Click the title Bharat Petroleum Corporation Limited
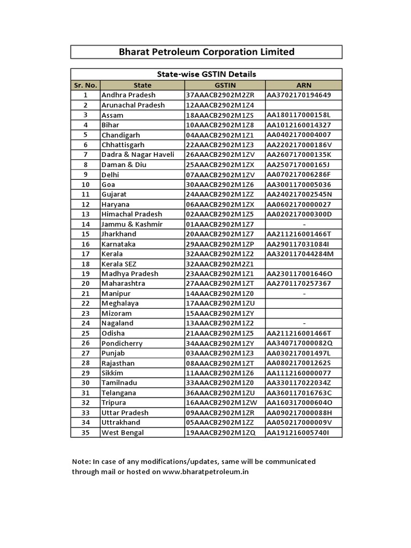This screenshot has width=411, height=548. coord(206,52)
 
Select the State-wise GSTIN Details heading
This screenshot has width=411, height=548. coord(206,74)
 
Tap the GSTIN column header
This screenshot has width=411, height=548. coord(225,85)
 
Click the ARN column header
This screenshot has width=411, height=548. coord(303,85)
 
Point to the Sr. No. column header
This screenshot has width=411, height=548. coord(85,85)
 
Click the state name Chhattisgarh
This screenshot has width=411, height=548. coord(123,145)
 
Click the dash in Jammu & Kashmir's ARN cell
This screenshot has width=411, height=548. coord(304,224)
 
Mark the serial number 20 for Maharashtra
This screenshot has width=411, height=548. coord(85,284)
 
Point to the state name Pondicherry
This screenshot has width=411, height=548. coord(122,343)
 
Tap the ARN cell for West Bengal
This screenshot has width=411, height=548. coord(298,432)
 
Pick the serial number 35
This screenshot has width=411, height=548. coord(85,432)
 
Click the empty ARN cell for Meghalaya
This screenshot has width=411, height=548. coord(303,303)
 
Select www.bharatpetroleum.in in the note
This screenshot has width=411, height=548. coord(205,472)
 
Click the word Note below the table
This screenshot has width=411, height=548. coord(81,461)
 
